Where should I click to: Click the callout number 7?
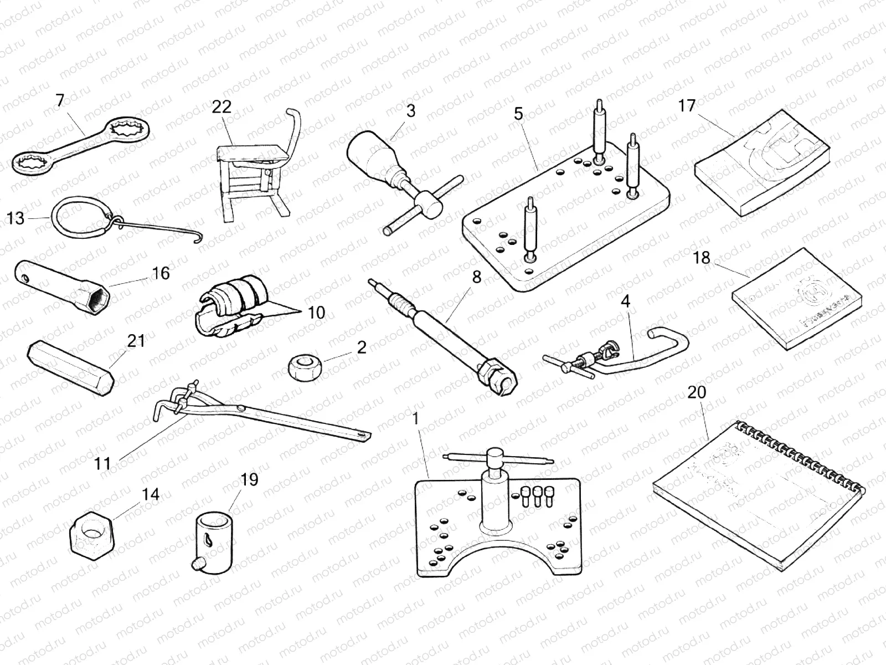click(60, 100)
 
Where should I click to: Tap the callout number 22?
click(221, 106)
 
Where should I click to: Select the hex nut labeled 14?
click(91, 533)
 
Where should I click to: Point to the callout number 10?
click(316, 313)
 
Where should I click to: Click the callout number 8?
click(476, 278)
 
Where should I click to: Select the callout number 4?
click(625, 301)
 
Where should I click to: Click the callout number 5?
click(518, 114)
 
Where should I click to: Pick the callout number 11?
click(103, 463)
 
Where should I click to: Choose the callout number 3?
click(410, 111)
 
